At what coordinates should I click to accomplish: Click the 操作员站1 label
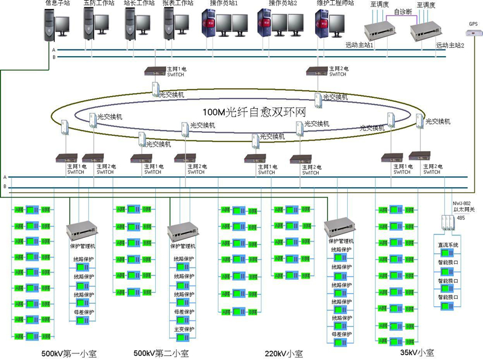(x=224, y=3)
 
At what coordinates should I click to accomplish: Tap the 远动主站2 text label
(x=450, y=45)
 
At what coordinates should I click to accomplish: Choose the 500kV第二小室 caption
(x=158, y=353)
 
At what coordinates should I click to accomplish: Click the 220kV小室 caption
(x=284, y=353)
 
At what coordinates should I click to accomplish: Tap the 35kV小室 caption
(x=417, y=352)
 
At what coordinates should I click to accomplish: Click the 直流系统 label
(x=448, y=245)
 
